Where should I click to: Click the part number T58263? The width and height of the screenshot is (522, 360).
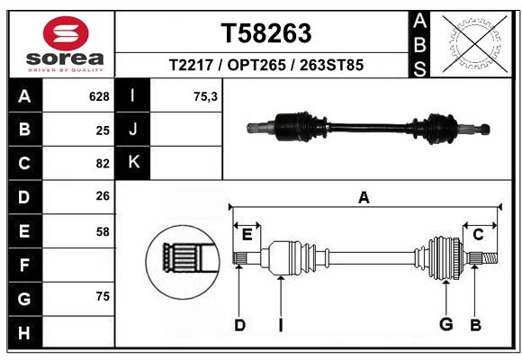click(x=266, y=34)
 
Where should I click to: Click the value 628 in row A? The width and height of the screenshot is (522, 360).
click(x=98, y=96)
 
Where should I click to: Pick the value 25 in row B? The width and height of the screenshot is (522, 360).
click(x=102, y=130)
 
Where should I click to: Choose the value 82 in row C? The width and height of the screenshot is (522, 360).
click(x=102, y=164)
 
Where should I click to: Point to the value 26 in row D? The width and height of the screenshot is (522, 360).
click(x=102, y=197)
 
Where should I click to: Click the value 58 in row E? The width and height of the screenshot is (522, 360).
click(x=102, y=231)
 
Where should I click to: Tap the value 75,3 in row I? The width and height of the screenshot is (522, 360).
click(x=205, y=96)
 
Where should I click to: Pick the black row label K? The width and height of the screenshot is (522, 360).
click(x=133, y=163)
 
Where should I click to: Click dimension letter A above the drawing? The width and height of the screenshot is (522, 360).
click(x=364, y=197)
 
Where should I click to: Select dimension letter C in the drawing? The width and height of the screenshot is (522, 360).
click(x=478, y=235)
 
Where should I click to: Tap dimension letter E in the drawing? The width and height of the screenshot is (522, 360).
click(x=247, y=235)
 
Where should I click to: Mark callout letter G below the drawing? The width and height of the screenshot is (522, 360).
click(x=445, y=324)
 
